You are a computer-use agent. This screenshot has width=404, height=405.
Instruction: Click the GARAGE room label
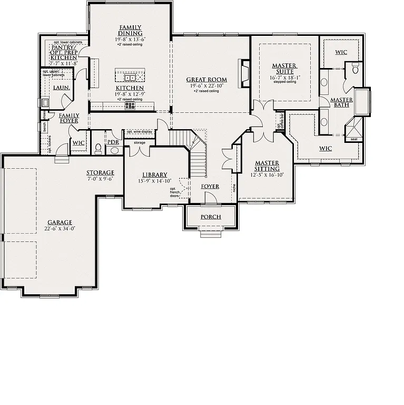pyautogui.click(x=58, y=223)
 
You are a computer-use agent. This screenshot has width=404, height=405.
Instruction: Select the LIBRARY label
pyautogui.click(x=154, y=175)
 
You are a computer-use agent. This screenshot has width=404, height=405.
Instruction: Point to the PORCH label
pyautogui.click(x=211, y=217)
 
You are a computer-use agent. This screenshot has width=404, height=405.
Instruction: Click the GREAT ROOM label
pyautogui.click(x=206, y=80)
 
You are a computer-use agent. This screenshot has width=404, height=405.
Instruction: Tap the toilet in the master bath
pyautogui.click(x=356, y=69)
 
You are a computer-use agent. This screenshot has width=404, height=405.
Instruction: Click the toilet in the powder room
pyautogui.click(x=98, y=149)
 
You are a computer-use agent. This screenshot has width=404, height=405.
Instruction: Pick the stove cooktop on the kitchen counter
pyautogui.click(x=130, y=105)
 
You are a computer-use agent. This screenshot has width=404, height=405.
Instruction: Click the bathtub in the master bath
pyautogui.click(x=362, y=101)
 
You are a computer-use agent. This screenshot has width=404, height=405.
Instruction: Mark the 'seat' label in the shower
pyautogui.click(x=354, y=139)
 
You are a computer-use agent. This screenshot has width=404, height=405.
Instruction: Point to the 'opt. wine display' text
pyautogui.click(x=139, y=132)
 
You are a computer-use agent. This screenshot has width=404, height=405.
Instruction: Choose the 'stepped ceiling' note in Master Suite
pyautogui.click(x=284, y=82)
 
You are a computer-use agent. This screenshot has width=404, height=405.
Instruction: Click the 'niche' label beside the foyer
pyautogui.click(x=234, y=187)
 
